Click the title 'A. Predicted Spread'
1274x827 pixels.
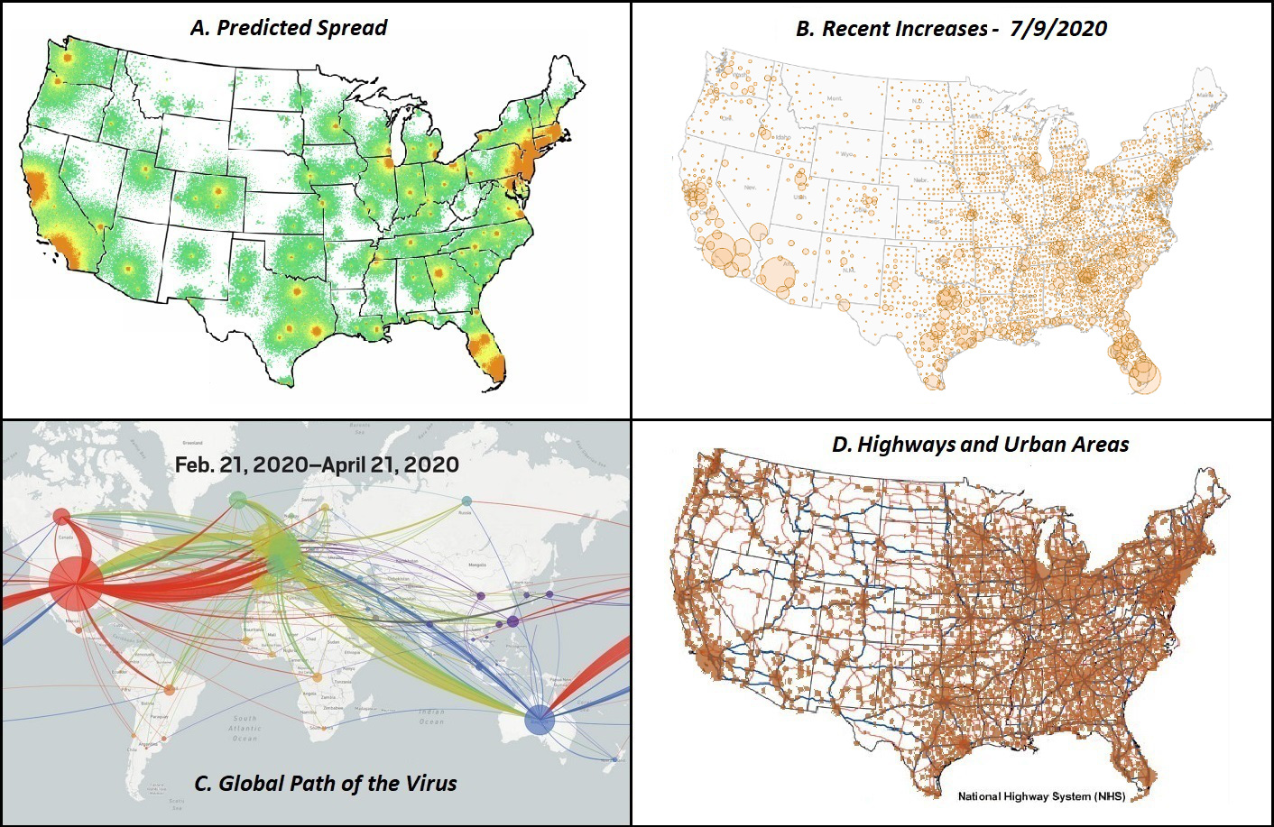[x=289, y=27]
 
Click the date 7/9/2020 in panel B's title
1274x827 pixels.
[x=1058, y=28]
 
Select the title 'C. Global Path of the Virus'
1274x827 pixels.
[x=326, y=783]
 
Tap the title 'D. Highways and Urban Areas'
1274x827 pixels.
[x=980, y=444]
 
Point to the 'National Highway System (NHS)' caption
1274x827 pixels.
[x=1041, y=796]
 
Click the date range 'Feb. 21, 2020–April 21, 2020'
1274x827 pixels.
[x=317, y=464]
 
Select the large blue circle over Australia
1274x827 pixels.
[x=540, y=720]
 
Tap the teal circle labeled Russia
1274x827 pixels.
[x=466, y=501]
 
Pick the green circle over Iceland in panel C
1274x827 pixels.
[x=237, y=499]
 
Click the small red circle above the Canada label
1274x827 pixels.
[x=61, y=516]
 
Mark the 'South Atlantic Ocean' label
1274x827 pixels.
[x=245, y=728]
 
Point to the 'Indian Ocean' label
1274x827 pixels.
[x=431, y=717]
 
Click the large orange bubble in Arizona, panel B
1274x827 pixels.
[x=776, y=275]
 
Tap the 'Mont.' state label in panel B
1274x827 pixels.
[x=835, y=98]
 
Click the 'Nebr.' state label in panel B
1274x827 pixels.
[x=920, y=179]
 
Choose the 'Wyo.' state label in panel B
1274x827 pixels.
[x=847, y=154]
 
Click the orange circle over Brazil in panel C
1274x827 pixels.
[x=170, y=689]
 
